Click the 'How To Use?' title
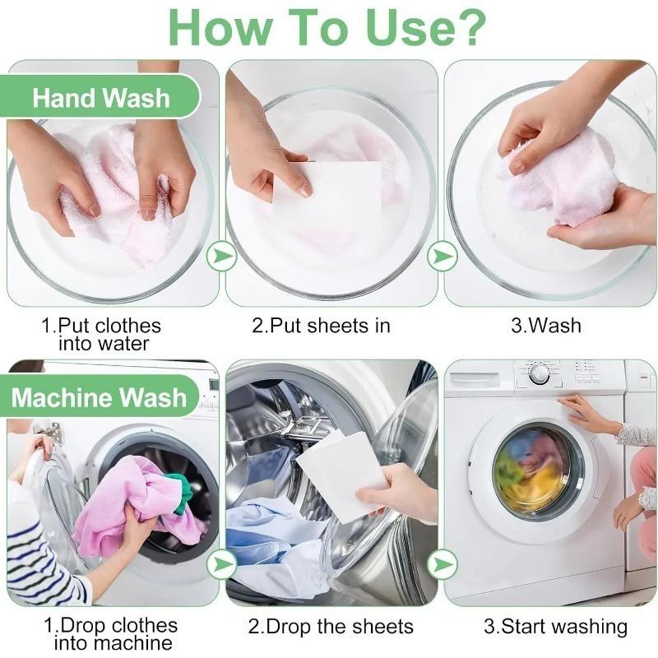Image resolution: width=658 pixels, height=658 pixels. click(328, 26)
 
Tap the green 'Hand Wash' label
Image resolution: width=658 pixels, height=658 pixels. click(101, 98)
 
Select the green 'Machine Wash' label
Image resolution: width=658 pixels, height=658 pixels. click(99, 398)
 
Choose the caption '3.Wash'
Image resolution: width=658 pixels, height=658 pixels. click(546, 326)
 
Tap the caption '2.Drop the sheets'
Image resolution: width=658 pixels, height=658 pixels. click(331, 627)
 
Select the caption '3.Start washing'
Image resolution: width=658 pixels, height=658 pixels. click(554, 627)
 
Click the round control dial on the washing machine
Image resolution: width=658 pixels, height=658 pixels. click(540, 373)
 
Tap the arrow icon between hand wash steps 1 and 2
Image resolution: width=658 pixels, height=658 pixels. click(221, 257)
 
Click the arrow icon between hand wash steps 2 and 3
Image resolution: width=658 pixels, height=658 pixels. click(443, 257)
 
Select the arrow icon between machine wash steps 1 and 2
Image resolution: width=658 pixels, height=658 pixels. click(221, 564)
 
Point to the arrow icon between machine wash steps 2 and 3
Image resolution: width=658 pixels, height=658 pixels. click(443, 564)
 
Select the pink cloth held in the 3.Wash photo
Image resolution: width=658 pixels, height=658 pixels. click(559, 185)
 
